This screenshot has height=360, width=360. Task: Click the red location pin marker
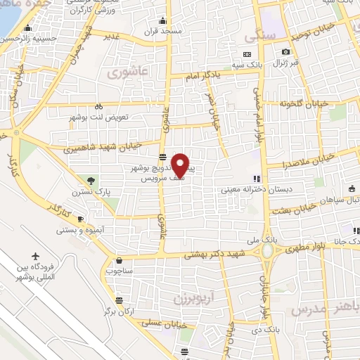click(x=181, y=165)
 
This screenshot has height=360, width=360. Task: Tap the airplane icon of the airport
click(x=36, y=257)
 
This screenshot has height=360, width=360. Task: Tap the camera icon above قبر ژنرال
click(x=285, y=51)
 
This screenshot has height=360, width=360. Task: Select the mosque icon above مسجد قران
click(x=162, y=21)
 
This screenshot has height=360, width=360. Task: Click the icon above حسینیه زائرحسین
click(x=27, y=29)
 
